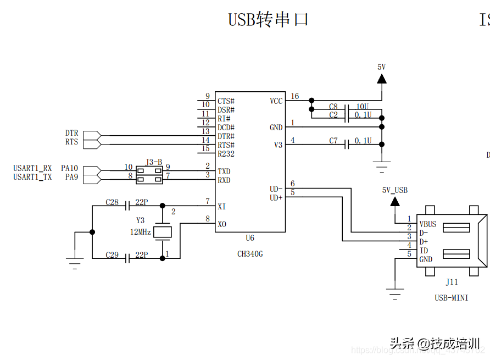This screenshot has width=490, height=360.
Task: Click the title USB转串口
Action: [x=268, y=20]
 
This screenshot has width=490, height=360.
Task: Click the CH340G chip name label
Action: [x=250, y=254]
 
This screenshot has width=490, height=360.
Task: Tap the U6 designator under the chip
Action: [x=250, y=239]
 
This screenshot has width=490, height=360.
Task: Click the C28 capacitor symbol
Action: [x=127, y=206]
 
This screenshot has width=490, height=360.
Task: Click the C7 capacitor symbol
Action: [x=347, y=145]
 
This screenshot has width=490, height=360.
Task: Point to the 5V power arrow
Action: [x=381, y=78]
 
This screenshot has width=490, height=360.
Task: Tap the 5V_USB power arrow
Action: [x=395, y=201]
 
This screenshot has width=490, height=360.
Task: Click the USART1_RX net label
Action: [x=32, y=168]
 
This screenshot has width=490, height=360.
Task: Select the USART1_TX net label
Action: [x=32, y=177]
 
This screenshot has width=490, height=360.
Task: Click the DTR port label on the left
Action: [x=71, y=133]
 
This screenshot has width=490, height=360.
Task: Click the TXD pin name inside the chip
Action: [x=224, y=171]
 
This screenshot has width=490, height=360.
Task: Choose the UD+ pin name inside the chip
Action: [x=276, y=197]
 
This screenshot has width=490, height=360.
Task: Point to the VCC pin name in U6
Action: [x=276, y=101]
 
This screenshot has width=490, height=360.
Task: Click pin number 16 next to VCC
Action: [x=295, y=97]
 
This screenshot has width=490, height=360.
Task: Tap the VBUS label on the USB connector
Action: [x=428, y=224]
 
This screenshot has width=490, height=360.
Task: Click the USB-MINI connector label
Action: [x=451, y=298]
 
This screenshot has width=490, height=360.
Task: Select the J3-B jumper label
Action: [x=154, y=162]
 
